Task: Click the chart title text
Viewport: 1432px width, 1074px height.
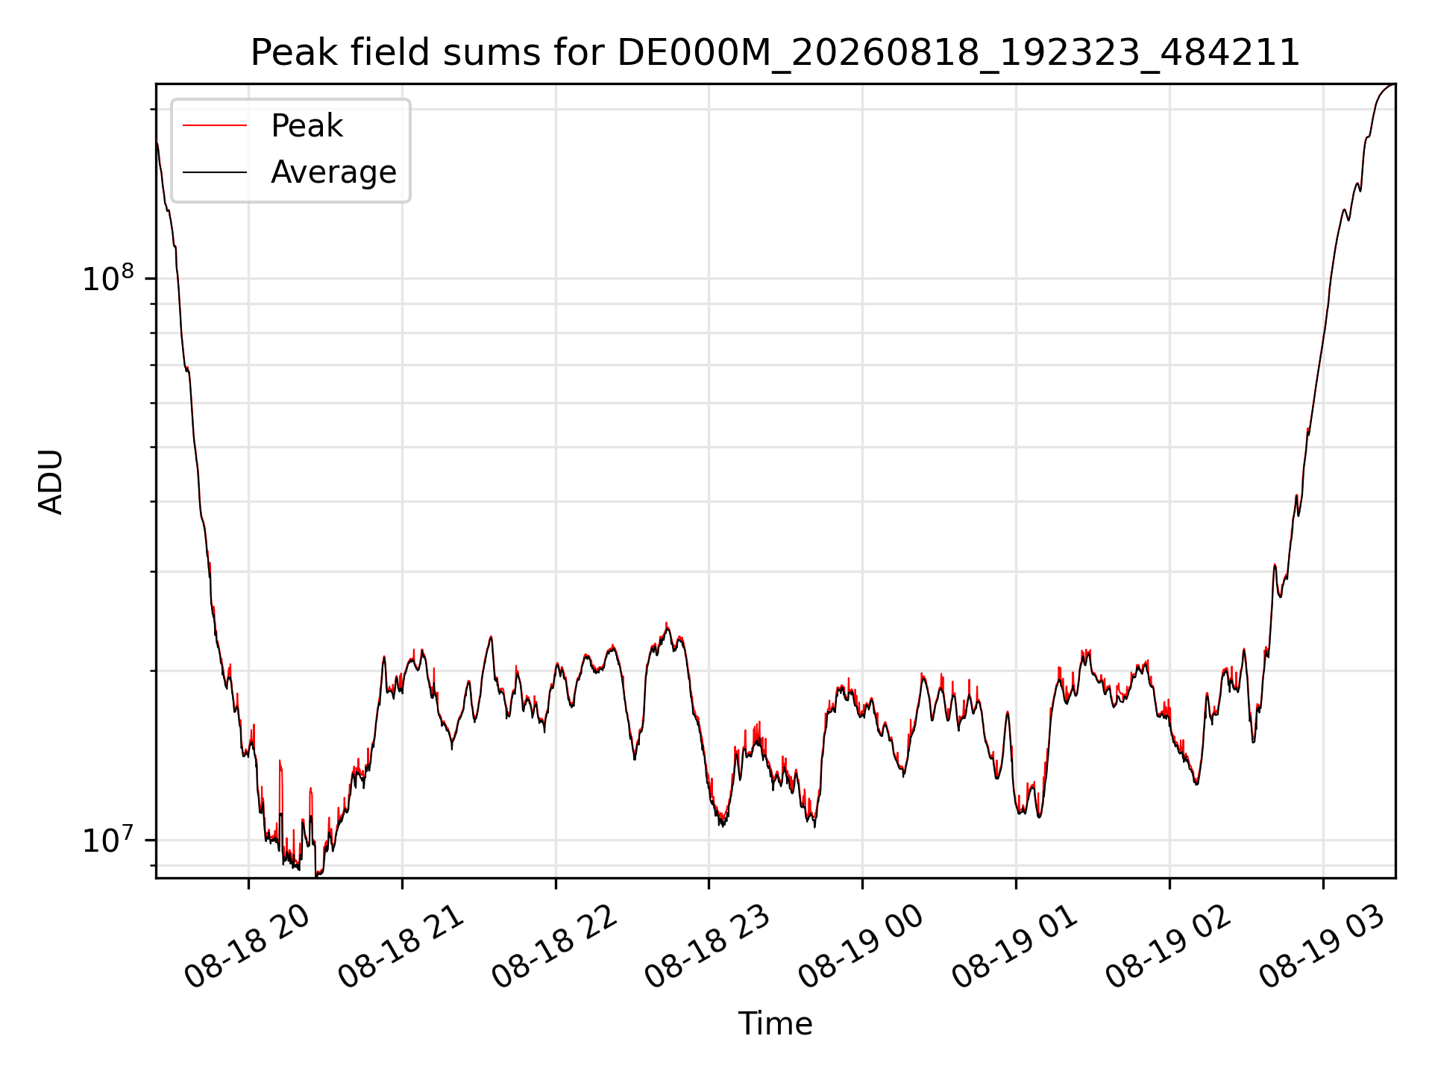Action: (x=775, y=53)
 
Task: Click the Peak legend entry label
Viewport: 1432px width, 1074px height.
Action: (x=307, y=126)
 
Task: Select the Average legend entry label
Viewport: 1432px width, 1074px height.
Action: (x=333, y=172)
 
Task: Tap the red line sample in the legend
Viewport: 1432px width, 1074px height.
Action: (x=215, y=126)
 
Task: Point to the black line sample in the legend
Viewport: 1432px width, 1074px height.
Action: (x=215, y=172)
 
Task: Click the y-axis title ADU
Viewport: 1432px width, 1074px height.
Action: (x=51, y=482)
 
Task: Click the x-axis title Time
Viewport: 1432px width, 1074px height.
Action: (x=775, y=1024)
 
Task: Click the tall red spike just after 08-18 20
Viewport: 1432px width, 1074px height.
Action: (x=280, y=761)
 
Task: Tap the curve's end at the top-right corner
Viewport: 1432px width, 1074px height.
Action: (x=1395, y=84)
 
